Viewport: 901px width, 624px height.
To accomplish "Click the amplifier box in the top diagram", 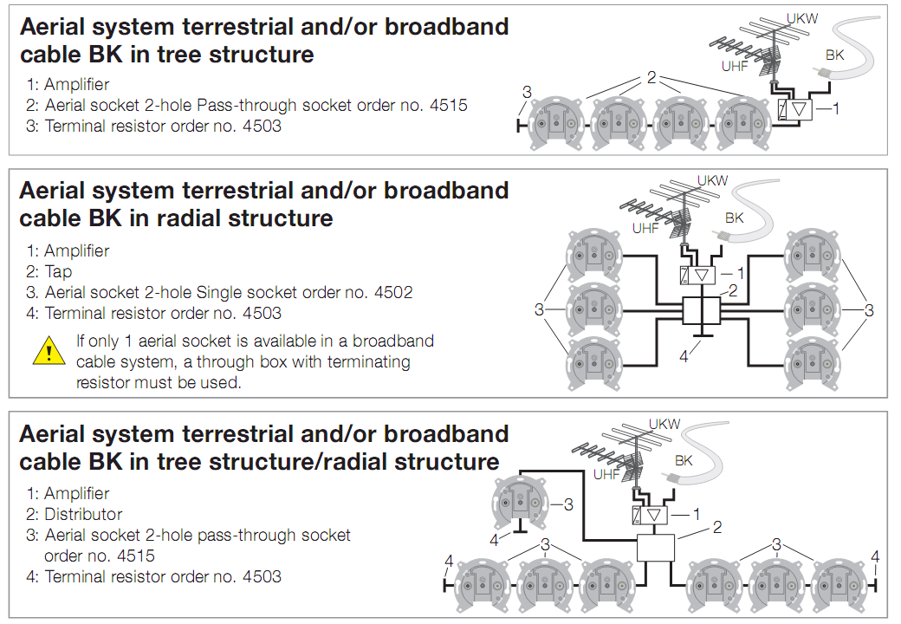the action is click(x=794, y=109).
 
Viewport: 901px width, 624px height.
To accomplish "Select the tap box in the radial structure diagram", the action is click(x=702, y=311).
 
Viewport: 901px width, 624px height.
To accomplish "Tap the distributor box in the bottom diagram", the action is click(x=656, y=548).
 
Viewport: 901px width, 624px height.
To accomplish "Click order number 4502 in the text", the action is click(x=393, y=292).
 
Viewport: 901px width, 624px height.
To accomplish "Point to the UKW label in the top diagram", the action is click(x=802, y=18).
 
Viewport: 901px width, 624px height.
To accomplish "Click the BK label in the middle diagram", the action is click(x=735, y=218).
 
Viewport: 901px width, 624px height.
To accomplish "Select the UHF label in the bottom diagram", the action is click(x=606, y=474).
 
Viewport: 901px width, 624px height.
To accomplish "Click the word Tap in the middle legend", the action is click(x=59, y=272).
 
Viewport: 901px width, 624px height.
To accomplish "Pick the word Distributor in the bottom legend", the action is click(x=83, y=514).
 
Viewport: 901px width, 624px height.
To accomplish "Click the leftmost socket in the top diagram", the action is click(x=555, y=123).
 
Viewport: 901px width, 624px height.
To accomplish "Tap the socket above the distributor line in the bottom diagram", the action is click(x=520, y=502).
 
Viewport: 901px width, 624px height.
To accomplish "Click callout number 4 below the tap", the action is click(x=684, y=357).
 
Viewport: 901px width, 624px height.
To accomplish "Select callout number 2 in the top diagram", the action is click(x=651, y=78).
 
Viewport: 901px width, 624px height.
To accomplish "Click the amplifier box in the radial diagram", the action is click(x=697, y=276).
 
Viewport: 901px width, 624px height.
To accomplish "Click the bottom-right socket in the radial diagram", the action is click(x=813, y=364).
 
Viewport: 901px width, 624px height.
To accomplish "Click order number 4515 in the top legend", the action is click(x=448, y=105).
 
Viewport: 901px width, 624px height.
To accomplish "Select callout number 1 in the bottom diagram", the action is click(x=697, y=514).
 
